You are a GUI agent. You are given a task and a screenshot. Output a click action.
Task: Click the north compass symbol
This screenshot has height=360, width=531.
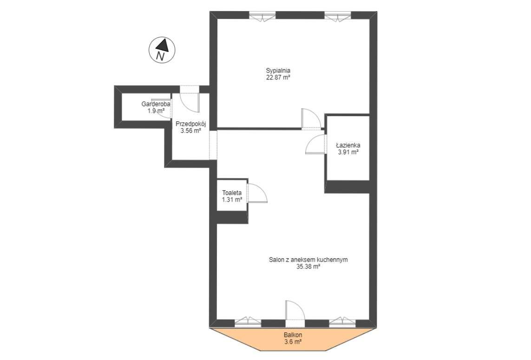tap(161, 50)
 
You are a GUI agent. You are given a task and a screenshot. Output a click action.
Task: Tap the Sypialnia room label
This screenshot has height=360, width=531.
tap(278, 71)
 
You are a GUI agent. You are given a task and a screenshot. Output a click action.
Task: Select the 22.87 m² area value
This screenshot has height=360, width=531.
tap(278, 78)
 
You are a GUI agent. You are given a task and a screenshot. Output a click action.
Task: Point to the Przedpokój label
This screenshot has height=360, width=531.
tap(190, 124)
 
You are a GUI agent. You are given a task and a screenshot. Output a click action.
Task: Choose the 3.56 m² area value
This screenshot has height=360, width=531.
tap(190, 131)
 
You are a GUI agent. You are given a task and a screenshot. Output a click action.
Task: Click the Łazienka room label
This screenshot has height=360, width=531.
tap(348, 145)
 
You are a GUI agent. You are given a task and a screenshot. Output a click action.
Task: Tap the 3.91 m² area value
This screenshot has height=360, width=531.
tap(348, 152)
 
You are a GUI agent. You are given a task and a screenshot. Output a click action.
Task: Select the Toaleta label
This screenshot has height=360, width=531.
tap(232, 193)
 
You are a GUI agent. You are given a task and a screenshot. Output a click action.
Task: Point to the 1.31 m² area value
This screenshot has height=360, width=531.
tap(232, 200)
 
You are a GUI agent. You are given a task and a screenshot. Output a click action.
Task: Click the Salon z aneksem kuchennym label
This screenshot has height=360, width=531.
tap(308, 260)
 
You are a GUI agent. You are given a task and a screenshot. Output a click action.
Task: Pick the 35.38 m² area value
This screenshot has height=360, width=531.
tap(308, 267)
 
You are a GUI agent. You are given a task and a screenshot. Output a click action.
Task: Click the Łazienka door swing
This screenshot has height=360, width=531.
tap(315, 144)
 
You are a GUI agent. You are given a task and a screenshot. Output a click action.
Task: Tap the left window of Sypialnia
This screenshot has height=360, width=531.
tap(262, 17)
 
